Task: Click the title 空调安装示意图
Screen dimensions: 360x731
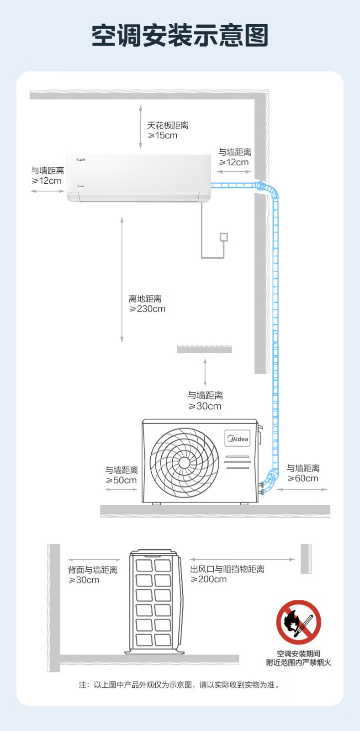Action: pyautogui.click(x=180, y=35)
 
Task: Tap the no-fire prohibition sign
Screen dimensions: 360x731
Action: pyautogui.click(x=298, y=622)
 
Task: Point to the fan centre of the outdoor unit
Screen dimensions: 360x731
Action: pyautogui.click(x=184, y=462)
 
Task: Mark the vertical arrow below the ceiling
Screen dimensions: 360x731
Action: pyautogui.click(x=141, y=127)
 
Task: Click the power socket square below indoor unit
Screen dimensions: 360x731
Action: pyautogui.click(x=224, y=237)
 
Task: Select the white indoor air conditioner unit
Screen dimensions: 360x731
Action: pyautogui.click(x=139, y=178)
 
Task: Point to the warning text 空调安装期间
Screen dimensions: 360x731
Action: pyautogui.click(x=298, y=654)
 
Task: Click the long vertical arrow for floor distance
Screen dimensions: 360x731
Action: pyautogui.click(x=122, y=280)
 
